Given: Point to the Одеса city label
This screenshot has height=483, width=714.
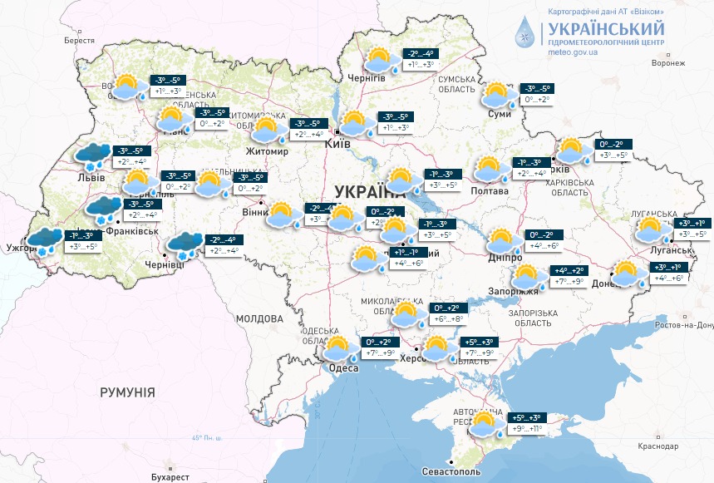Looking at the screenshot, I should (342, 367).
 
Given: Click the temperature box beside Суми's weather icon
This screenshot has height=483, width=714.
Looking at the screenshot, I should (537, 95).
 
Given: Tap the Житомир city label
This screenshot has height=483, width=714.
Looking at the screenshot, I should (266, 152).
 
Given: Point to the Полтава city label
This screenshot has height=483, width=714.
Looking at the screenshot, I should (491, 190).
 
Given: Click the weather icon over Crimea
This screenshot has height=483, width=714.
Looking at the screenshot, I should (485, 424).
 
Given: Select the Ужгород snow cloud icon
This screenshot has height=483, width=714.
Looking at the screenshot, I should (42, 239).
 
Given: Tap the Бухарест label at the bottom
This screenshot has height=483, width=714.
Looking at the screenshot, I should (170, 476).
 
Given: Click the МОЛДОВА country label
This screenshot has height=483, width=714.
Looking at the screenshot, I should (259, 318).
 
